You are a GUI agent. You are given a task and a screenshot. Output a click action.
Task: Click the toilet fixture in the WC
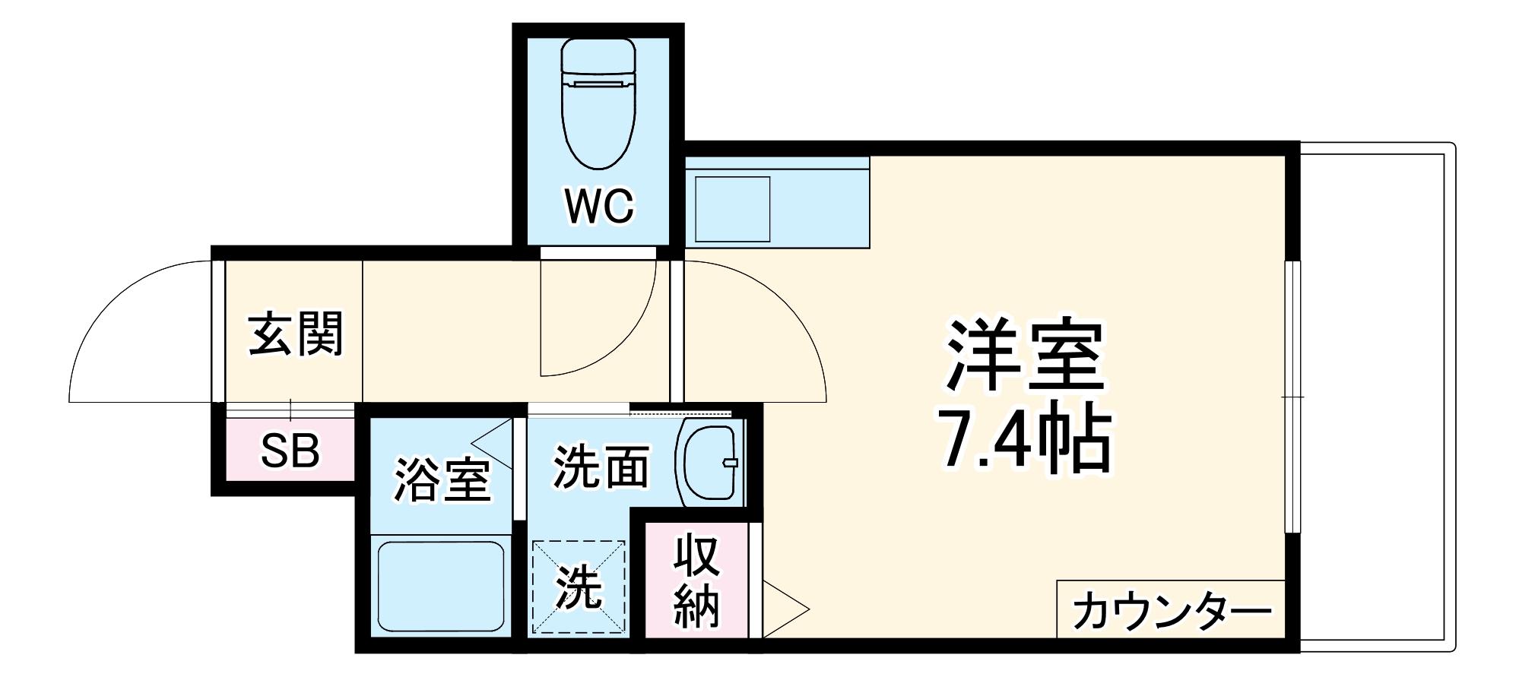[x=598, y=103]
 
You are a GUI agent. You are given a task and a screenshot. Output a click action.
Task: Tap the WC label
[x=598, y=204]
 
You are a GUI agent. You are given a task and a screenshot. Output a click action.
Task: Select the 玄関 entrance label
[x=296, y=334]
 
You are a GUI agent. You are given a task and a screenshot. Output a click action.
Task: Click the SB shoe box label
[x=290, y=451]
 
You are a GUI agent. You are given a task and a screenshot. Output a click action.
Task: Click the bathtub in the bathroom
[x=440, y=585]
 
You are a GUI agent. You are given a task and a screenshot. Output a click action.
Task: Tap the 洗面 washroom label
[x=601, y=467]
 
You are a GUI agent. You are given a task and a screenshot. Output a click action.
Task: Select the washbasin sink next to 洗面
[x=709, y=462]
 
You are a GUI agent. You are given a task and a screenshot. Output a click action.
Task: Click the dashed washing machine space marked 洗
[x=579, y=587]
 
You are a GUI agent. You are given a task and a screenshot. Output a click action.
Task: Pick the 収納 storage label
[x=696, y=581]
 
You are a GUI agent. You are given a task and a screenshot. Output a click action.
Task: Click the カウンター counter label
[x=1172, y=611]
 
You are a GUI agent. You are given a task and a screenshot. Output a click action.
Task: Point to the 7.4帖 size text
[x=1027, y=441]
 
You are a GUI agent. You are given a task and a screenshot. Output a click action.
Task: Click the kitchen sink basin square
[x=732, y=209]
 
